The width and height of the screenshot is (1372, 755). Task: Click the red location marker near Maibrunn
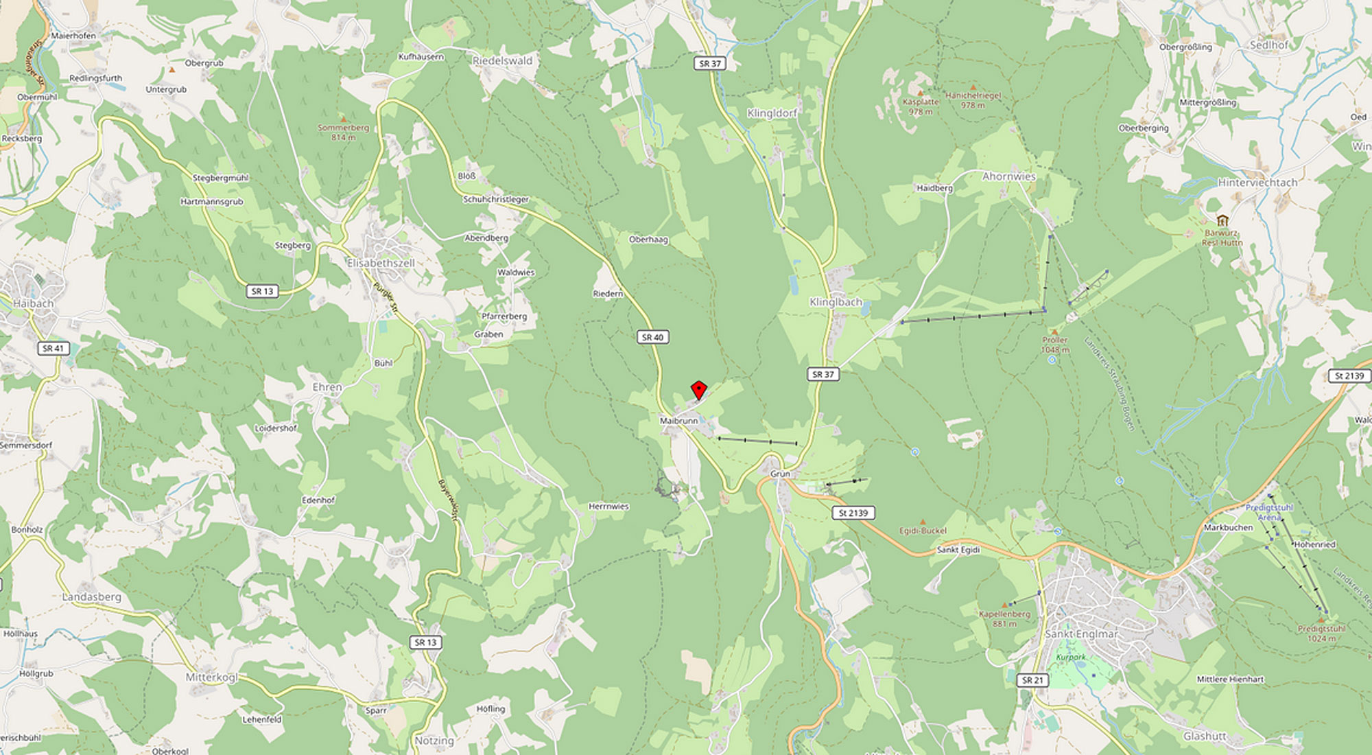click(698, 389)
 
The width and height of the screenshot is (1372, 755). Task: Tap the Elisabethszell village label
click(381, 263)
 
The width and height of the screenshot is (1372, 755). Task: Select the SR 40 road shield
click(652, 337)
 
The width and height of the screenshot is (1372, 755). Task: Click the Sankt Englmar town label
click(1081, 634)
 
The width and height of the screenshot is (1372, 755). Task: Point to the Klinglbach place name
click(836, 302)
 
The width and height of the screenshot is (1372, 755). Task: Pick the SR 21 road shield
click(1032, 680)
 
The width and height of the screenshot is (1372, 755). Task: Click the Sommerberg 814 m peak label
click(343, 132)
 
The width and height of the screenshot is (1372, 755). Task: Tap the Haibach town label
click(33, 303)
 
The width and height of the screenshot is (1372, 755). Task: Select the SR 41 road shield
click(53, 349)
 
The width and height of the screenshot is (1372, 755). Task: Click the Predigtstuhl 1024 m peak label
click(1321, 633)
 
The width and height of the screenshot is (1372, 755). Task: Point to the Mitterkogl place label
click(211, 677)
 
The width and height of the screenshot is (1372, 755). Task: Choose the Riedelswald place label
click(502, 60)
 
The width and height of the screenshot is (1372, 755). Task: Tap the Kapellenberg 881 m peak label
click(1004, 618)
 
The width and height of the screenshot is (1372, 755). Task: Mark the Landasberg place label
click(91, 597)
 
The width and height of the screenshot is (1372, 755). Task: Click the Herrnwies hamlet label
click(608, 507)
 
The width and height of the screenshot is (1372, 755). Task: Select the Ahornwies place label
click(1008, 176)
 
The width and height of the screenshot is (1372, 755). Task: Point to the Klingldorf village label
click(772, 113)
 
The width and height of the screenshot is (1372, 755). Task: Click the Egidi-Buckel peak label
click(923, 531)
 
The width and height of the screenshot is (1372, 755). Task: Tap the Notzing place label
click(434, 741)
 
